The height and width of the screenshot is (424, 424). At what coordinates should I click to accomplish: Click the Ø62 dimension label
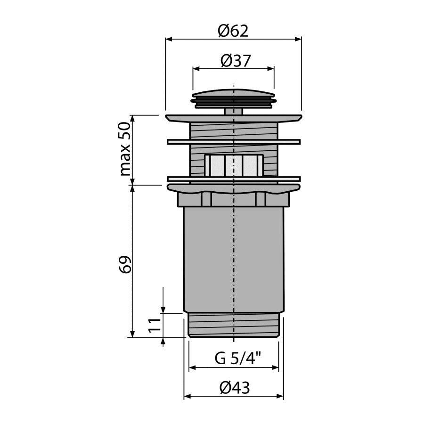(233, 31)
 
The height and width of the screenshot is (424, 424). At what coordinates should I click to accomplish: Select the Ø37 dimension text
(236, 61)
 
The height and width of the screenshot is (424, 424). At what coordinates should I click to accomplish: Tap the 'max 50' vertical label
(125, 149)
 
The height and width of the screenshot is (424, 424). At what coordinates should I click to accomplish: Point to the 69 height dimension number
(125, 264)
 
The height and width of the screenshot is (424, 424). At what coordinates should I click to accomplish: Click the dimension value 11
(155, 325)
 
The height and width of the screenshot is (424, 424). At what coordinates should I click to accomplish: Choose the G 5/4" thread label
(238, 359)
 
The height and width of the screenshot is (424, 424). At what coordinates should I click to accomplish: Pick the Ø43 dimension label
(235, 388)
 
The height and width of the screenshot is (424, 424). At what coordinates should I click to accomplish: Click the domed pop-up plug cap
(234, 99)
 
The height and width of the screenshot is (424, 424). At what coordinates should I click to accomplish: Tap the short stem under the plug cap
(234, 112)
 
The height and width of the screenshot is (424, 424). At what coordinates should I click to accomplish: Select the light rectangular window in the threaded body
(234, 165)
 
